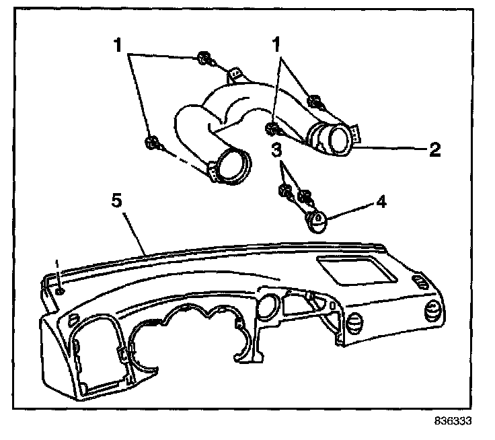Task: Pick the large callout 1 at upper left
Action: [118, 47]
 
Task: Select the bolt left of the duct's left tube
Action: [151, 142]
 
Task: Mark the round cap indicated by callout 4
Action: [316, 219]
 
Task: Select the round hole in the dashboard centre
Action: [265, 306]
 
